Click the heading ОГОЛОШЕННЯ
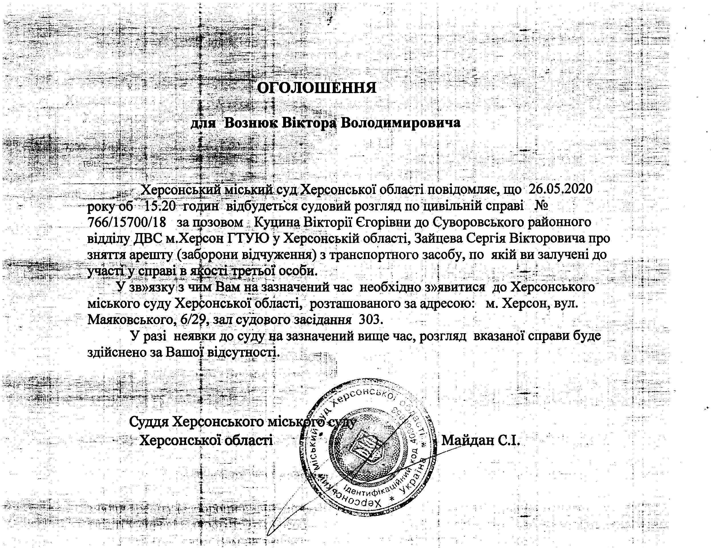(x=317, y=88)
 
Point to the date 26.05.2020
(x=560, y=189)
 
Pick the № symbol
(x=541, y=206)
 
